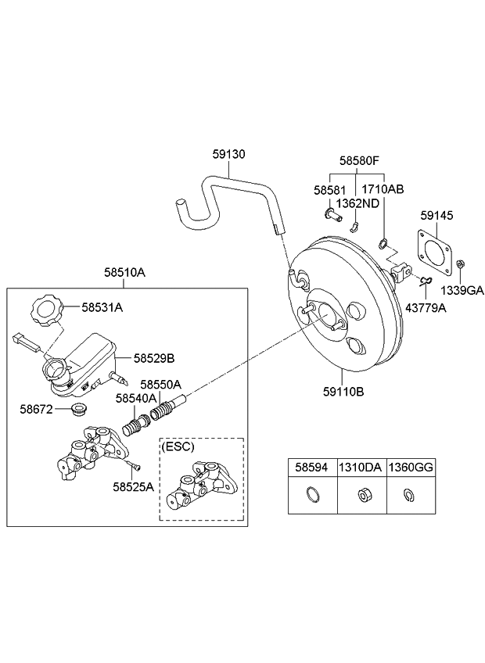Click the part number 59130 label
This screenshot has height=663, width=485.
coord(228,155)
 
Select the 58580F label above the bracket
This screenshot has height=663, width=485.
coord(359,161)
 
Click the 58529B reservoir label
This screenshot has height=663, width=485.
coord(153,358)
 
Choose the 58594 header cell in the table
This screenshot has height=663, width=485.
coord(312,467)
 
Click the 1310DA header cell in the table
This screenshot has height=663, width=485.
coord(361,467)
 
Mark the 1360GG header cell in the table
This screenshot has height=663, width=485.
coord(411,467)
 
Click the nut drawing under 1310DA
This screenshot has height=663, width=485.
coord(362,494)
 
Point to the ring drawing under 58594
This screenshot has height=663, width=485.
coord(312,494)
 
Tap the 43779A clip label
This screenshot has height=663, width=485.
coord(426,309)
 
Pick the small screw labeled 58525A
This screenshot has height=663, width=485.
coord(135,468)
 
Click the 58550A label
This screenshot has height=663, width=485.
coord(161,385)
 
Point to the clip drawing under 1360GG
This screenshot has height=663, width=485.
coord(411,494)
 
